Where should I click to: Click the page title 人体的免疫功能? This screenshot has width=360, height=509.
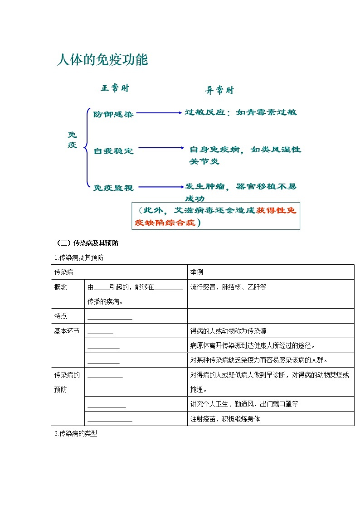tap(102, 60)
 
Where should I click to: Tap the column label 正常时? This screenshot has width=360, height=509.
tap(115, 88)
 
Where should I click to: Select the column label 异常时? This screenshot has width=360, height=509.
tap(219, 90)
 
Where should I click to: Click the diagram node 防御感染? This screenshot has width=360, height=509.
tap(113, 114)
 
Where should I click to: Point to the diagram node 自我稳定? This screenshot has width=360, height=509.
tap(113, 151)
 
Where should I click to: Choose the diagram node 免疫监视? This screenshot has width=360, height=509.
tap(113, 188)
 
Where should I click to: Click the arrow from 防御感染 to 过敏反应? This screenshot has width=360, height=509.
tap(159, 113)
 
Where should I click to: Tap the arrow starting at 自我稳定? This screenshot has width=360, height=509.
tap(161, 148)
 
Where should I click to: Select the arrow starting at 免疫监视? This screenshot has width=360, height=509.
tap(160, 186)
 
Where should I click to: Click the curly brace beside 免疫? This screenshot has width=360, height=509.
tap(85, 147)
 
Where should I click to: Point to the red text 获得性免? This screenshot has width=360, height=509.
tap(276, 210)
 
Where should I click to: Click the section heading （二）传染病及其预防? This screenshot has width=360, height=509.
tap(87, 243)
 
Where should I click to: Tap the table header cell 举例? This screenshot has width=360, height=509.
tap(197, 272)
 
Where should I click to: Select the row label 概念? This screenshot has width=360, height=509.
tap(61, 287)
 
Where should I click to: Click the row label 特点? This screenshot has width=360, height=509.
tap(61, 316)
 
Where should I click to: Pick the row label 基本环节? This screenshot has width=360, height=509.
tap(67, 331)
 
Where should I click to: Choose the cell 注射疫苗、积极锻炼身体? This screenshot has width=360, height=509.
tap(225, 419)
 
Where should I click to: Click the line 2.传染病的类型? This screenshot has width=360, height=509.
tap(76, 434)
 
